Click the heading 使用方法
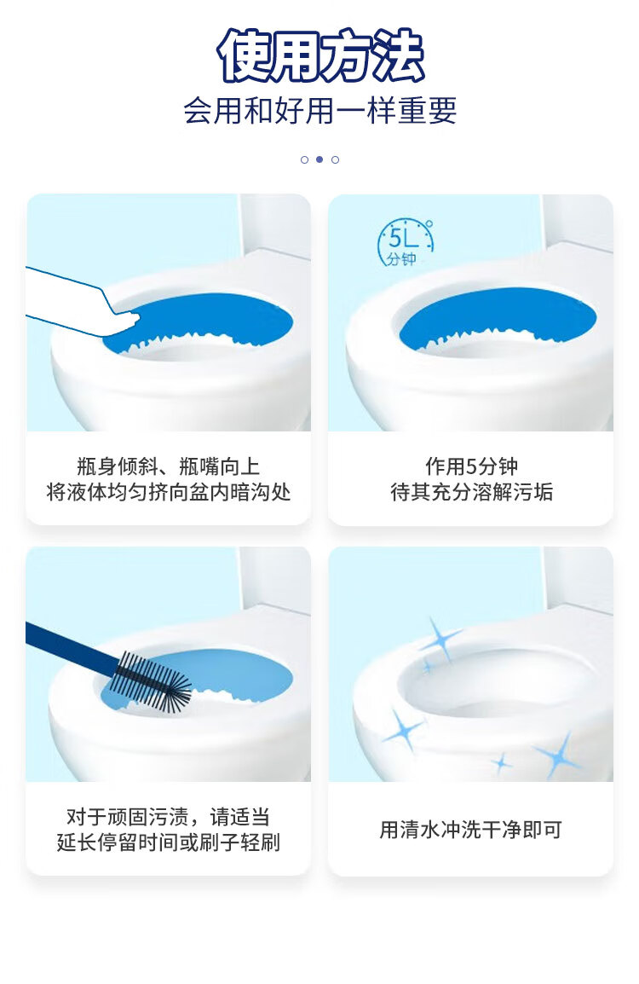coord(320,55)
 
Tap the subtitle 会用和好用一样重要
coord(319,111)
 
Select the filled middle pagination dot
coord(319,159)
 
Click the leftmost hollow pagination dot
coord(305,159)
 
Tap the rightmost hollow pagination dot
coord(336,159)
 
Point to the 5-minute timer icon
coord(405,242)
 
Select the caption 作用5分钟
coord(471,466)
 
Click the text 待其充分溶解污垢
coord(471,492)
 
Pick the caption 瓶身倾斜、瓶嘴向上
coord(168,466)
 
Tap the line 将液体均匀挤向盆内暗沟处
coord(169,492)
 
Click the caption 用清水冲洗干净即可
coord(471,830)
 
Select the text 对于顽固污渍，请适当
coord(168,816)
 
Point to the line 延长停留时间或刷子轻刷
coord(168,842)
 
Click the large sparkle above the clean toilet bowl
coord(440,640)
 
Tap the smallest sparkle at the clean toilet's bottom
coord(500,763)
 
